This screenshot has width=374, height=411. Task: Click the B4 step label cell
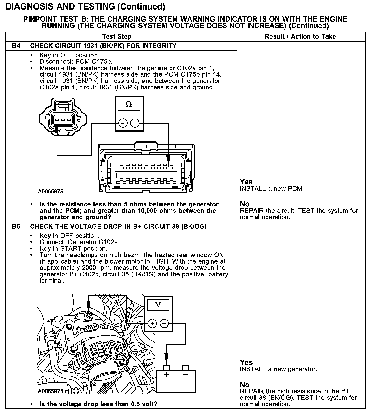point(16,46)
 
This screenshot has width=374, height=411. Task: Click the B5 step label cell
point(16,227)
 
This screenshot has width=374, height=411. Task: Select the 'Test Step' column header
point(117,36)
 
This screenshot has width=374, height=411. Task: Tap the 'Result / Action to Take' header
point(300,36)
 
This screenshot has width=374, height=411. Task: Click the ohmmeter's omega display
point(129,105)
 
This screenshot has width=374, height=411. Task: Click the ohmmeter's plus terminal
point(123,123)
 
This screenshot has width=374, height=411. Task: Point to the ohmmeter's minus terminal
point(135,123)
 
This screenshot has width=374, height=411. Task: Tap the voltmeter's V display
point(158,305)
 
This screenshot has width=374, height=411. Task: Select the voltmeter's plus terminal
point(152,323)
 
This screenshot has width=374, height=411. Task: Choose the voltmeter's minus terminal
point(164,323)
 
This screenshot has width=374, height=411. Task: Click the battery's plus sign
point(166,375)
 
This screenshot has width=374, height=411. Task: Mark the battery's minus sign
point(185,375)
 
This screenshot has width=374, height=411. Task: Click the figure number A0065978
point(51,192)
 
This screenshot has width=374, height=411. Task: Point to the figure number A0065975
point(51,391)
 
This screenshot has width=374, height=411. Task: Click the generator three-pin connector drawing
point(63,116)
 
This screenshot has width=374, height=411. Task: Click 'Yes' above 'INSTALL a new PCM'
point(246,182)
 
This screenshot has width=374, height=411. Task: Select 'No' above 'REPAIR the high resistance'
point(245,385)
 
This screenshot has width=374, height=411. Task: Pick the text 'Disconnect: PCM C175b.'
point(76,62)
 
